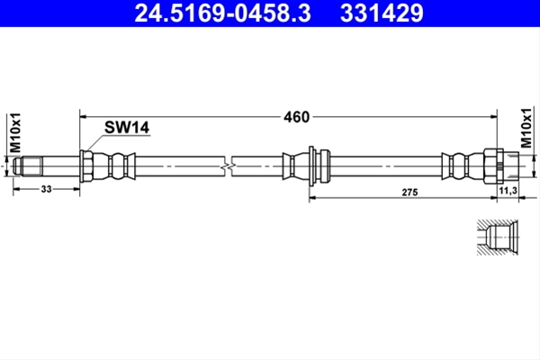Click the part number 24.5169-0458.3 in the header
[x=223, y=13]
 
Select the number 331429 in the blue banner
[x=382, y=13]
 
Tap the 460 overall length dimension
[x=296, y=117]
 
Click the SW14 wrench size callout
[x=127, y=128]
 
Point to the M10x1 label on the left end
[x=15, y=132]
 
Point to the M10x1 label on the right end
[x=526, y=128]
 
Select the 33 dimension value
[x=46, y=189]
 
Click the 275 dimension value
[x=409, y=193]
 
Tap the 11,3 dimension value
[x=508, y=190]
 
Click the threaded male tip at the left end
[x=28, y=166]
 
